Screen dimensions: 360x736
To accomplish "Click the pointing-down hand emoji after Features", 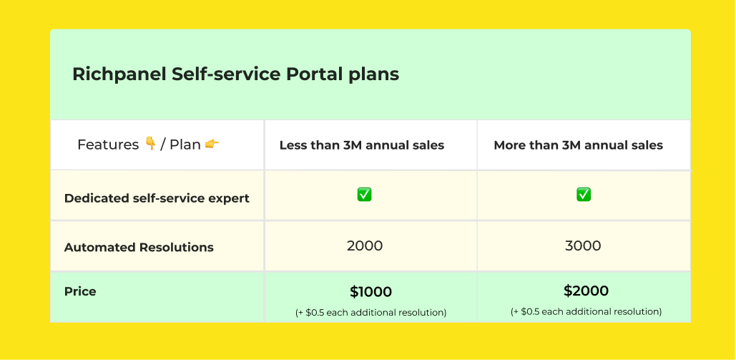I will (x=150, y=144).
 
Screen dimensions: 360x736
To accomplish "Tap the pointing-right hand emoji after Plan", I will (x=212, y=144).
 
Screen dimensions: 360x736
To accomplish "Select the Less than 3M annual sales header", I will (x=361, y=145).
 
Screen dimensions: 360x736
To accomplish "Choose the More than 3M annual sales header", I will (x=578, y=145).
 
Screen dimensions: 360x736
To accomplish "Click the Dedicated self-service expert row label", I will (x=157, y=198).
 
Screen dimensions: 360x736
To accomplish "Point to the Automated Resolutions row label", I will (x=139, y=248).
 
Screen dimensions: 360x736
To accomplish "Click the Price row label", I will (x=80, y=291).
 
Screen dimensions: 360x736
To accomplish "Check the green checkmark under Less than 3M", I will (x=364, y=195).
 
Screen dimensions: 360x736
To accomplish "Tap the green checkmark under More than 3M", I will (x=584, y=195).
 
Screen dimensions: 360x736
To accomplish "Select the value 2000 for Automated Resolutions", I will (x=365, y=246).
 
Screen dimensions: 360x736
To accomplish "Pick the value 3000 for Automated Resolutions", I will (x=583, y=246).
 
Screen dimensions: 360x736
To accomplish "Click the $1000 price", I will (x=371, y=292).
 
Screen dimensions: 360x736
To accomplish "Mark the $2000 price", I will (x=586, y=291).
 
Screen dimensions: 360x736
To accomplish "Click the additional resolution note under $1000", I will (x=371, y=312).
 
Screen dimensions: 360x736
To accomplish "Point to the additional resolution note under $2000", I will (x=586, y=311).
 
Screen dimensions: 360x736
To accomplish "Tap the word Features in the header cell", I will (x=108, y=145).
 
